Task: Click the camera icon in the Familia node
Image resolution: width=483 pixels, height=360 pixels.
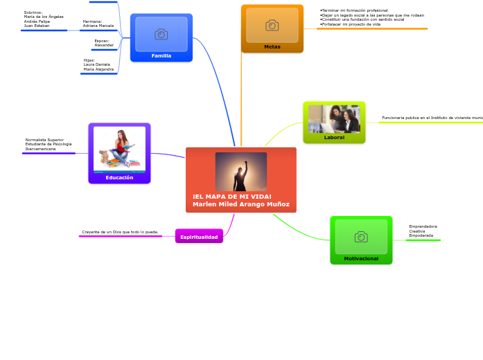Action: [x=161, y=34]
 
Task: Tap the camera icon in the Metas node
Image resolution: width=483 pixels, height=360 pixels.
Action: [x=272, y=26]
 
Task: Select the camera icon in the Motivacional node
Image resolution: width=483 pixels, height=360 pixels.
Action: [x=361, y=237]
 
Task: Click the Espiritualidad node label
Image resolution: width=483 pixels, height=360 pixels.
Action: [x=199, y=237]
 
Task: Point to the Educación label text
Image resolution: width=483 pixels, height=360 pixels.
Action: [x=119, y=177]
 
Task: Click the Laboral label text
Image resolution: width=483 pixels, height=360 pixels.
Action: [x=334, y=137]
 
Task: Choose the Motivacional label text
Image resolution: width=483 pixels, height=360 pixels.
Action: [x=361, y=258]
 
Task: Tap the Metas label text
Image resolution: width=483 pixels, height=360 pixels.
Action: [x=272, y=46]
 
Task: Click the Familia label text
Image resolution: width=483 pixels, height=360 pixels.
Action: [x=161, y=55]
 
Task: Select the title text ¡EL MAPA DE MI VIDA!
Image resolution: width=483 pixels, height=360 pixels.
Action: [x=232, y=197]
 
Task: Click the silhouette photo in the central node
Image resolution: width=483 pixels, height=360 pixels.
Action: [x=241, y=171]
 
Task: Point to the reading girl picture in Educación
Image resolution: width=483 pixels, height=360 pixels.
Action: [x=119, y=149]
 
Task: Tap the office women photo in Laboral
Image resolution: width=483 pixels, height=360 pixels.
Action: [x=334, y=118]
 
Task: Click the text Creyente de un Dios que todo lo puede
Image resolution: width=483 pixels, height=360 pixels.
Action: [x=120, y=232]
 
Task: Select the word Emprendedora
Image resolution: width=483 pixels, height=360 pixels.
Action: [x=423, y=226]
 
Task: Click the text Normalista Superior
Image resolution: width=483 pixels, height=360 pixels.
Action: [x=44, y=140]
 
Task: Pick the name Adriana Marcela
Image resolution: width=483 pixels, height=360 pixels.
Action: [x=98, y=26]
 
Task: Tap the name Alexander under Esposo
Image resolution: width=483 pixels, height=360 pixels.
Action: [x=104, y=45]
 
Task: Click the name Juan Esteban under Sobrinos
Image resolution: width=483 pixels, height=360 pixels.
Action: [x=37, y=26]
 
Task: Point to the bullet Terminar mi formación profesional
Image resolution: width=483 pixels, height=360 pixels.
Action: [x=354, y=10]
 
